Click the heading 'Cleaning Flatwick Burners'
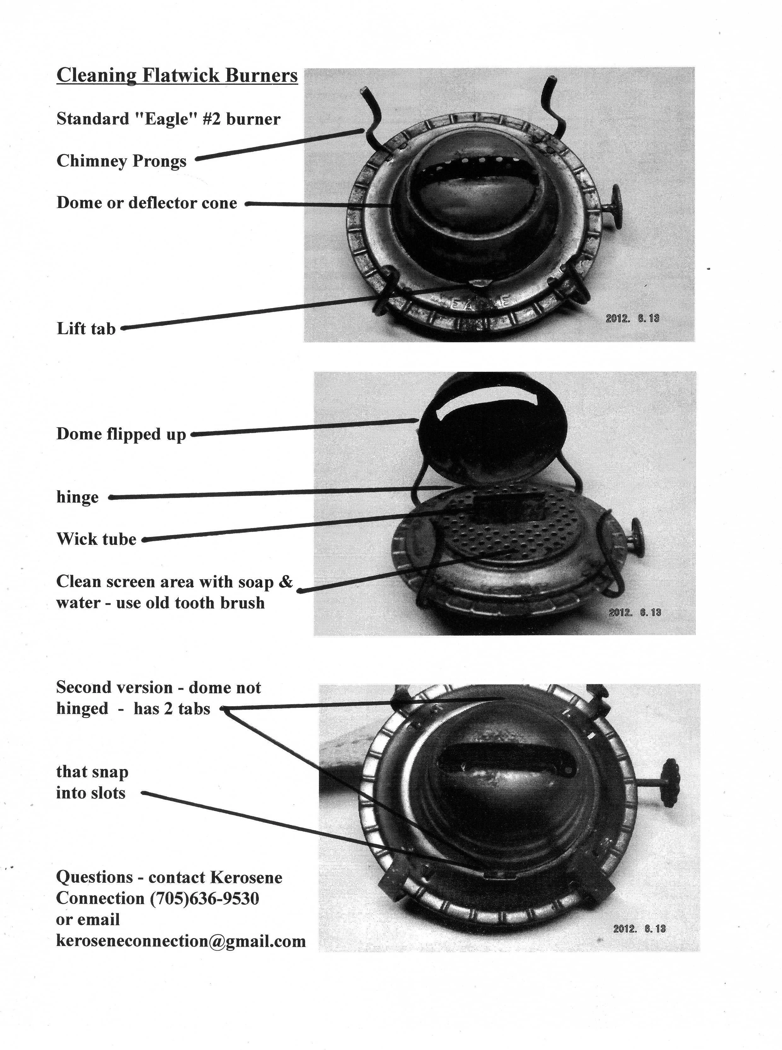[x=177, y=75]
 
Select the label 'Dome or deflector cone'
[x=147, y=203]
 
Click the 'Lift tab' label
[x=86, y=328]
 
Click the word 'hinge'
[x=77, y=497]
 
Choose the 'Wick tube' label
[x=96, y=539]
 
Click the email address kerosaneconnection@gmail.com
[x=181, y=941]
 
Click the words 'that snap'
[x=92, y=771]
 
